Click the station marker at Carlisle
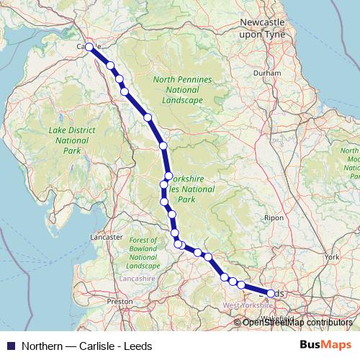coord(89,47)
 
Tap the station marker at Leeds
coord(271,294)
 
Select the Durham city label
coord(267,73)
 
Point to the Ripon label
coord(274,217)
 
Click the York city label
coord(332,257)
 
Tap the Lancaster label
coord(106,237)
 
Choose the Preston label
coord(120,302)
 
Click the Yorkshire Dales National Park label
coord(193,188)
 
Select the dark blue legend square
coord(10,346)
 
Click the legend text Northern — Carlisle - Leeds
coord(87,346)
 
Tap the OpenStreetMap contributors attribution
coord(297,323)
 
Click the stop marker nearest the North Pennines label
coord(148,117)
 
